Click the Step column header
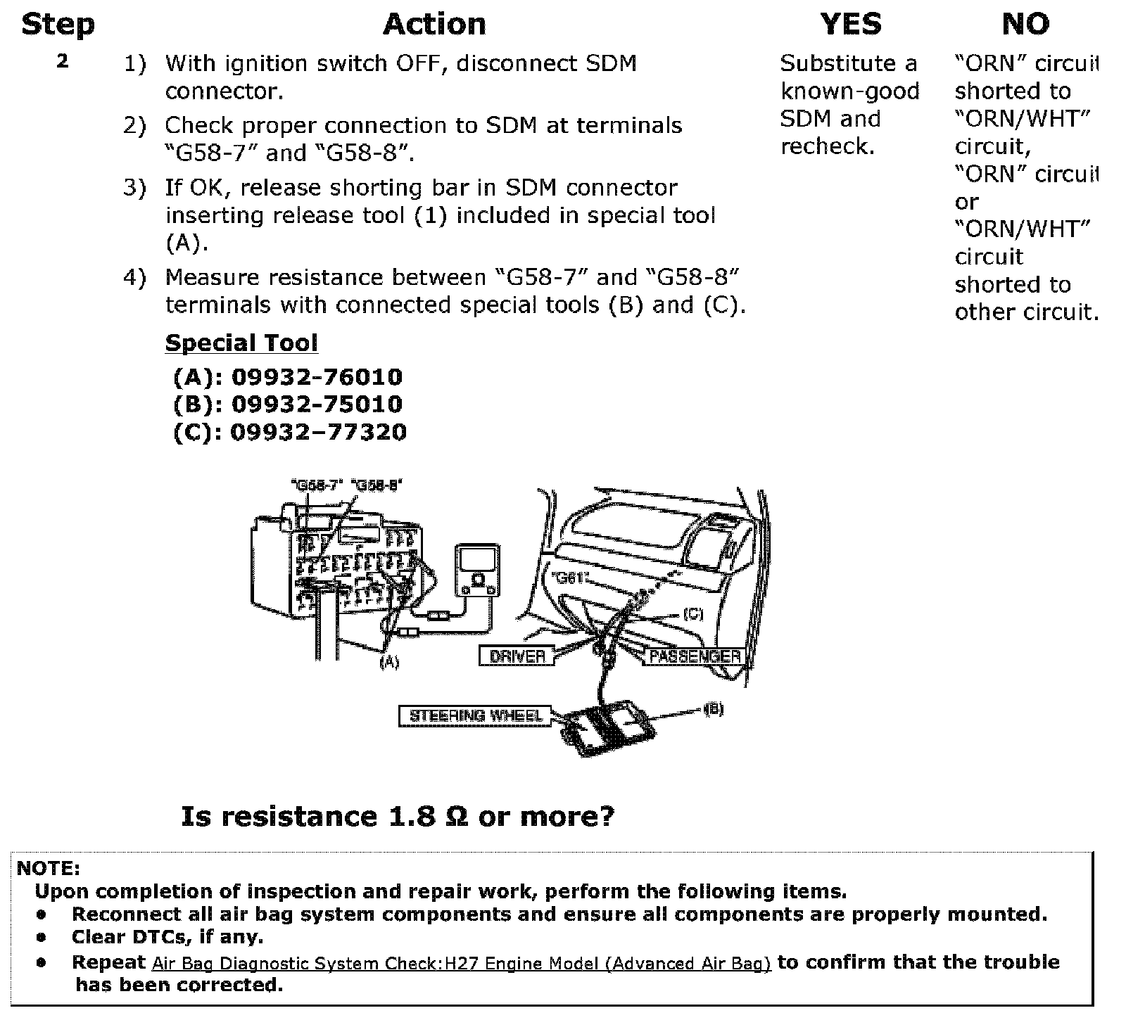point(58,25)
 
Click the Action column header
point(434,25)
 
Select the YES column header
point(850,25)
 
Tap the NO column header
point(1025,25)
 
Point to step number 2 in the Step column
point(63,61)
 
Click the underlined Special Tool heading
point(241,343)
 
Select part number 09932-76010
point(317,377)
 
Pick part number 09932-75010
point(317,404)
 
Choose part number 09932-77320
point(318,432)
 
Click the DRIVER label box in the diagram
point(517,656)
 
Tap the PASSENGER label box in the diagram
point(695,656)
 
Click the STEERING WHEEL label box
point(476,716)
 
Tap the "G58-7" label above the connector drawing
point(316,485)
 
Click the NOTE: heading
point(48,868)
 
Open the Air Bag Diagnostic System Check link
point(461,964)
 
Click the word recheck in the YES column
point(827,146)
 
